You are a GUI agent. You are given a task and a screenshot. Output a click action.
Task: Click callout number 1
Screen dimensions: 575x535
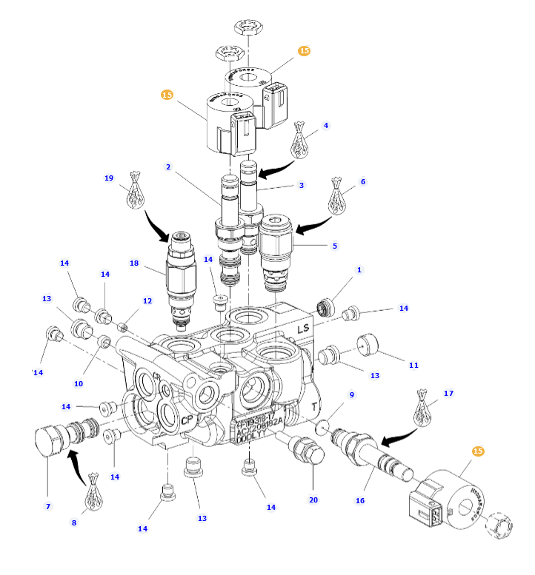tap(359, 270)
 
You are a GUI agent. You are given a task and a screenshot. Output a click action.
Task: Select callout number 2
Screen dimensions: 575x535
tap(168, 167)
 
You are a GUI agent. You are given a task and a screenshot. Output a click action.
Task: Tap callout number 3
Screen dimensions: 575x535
tap(302, 185)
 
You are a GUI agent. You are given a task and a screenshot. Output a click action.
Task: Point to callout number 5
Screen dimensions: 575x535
tap(334, 246)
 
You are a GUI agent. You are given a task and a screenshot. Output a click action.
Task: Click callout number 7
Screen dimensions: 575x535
tap(48, 506)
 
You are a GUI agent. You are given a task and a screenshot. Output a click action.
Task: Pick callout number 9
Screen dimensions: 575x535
tap(352, 394)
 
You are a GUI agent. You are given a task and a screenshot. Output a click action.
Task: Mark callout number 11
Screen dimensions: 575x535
tap(414, 365)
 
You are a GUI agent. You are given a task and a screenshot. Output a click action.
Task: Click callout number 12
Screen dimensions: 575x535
tap(147, 301)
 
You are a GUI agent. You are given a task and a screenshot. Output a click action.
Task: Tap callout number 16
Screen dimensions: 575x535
tap(360, 501)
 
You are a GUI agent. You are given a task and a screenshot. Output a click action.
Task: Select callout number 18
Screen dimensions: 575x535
tap(134, 263)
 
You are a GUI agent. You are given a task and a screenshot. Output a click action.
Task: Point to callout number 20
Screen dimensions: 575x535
tap(313, 500)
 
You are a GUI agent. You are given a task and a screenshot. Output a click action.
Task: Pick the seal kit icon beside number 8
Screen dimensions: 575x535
tap(93, 491)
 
